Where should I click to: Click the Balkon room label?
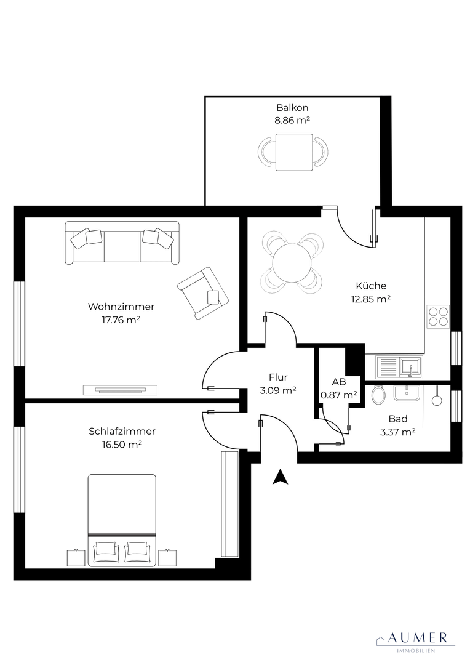click(292, 108)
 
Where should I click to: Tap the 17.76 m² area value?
click(121, 320)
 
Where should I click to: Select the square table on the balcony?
click(294, 152)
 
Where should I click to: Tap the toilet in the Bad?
click(378, 395)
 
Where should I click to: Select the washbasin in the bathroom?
click(407, 392)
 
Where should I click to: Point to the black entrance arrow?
click(280, 477)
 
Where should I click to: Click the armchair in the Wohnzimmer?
click(203, 292)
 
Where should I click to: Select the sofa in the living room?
click(122, 243)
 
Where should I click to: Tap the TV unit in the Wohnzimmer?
click(120, 390)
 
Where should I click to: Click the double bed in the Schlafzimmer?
click(122, 520)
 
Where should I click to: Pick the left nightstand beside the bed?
click(76, 558)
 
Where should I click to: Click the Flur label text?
click(278, 377)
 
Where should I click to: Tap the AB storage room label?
click(338, 382)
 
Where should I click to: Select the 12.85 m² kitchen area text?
click(371, 299)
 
